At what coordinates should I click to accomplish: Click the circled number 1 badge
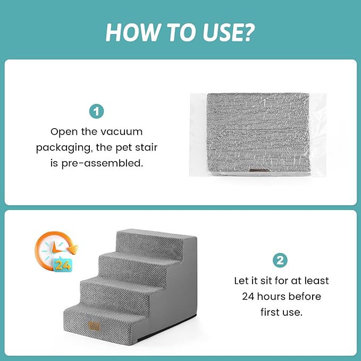(96, 112)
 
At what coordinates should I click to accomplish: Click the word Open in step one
(63, 131)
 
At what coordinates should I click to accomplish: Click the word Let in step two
(242, 280)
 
